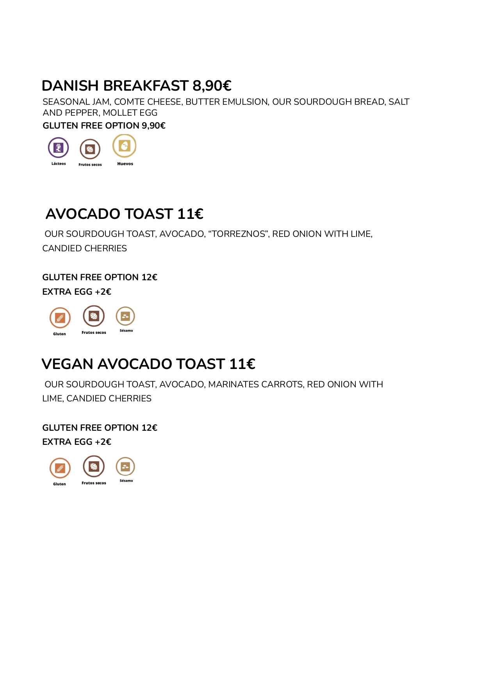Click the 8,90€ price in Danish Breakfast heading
click(x=212, y=86)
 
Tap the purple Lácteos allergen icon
click(x=58, y=147)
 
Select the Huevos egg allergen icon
click(x=124, y=146)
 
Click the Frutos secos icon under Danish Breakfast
click(x=90, y=149)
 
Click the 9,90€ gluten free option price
click(x=153, y=126)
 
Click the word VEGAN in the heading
click(x=67, y=364)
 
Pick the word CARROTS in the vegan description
click(x=282, y=385)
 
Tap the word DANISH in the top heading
click(x=70, y=86)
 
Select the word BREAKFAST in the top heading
click(x=146, y=86)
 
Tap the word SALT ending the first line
click(x=399, y=102)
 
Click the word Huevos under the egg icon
click(x=125, y=164)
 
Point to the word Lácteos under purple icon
click(x=59, y=164)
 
